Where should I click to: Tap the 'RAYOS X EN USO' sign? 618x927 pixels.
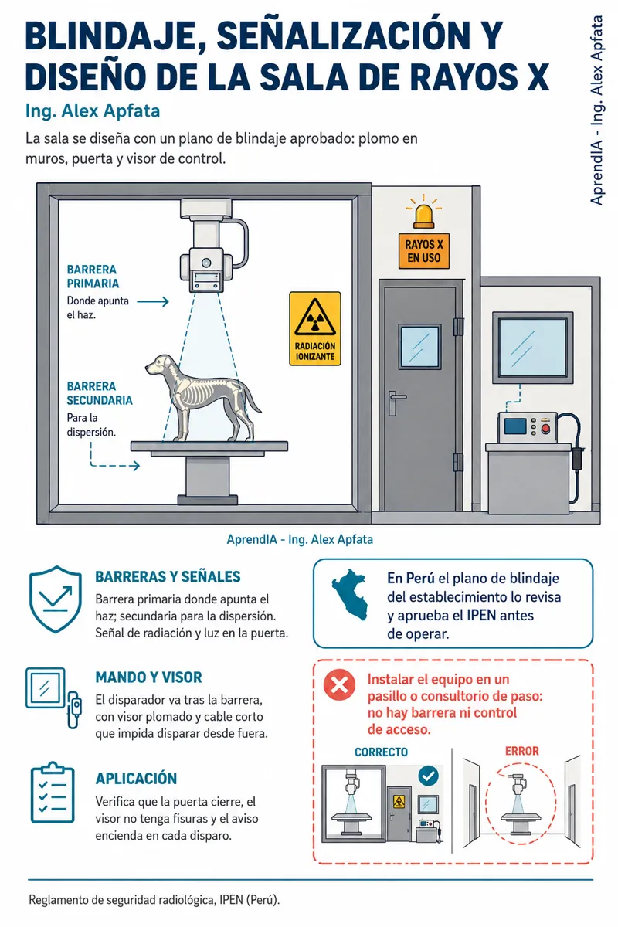(424, 251)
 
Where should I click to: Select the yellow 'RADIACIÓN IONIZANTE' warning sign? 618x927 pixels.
(315, 328)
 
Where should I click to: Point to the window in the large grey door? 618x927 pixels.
(419, 346)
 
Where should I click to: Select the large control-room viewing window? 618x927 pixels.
(532, 348)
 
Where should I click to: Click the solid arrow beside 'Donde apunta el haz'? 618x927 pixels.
(153, 301)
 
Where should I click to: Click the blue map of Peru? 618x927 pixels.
(351, 594)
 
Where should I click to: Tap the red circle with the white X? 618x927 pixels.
(339, 685)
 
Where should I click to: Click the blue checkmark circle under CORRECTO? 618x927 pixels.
(429, 776)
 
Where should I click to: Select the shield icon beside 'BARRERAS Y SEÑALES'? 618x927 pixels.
(56, 599)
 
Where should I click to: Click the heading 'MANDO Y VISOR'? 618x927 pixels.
(148, 677)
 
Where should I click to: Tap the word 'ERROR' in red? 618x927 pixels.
(521, 751)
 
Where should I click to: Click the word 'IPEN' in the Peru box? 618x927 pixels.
(481, 616)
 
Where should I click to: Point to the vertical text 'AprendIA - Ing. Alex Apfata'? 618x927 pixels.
(596, 110)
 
